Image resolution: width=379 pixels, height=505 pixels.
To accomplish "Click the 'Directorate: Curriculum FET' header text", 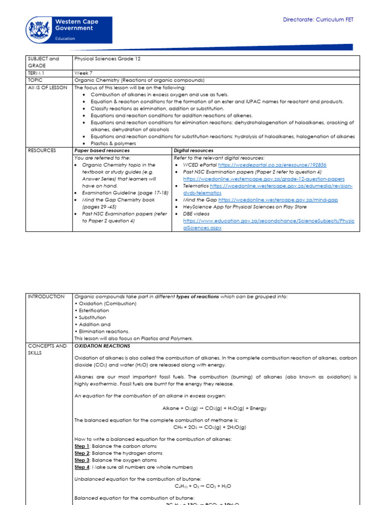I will coord(318,20).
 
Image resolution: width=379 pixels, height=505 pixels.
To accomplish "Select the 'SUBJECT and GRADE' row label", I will coord(43,62).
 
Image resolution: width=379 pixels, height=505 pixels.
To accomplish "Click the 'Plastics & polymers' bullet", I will coord(114,143).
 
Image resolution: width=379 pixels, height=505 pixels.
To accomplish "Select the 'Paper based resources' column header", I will coord(102,150).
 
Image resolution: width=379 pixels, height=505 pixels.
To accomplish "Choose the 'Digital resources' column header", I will coord(194,150).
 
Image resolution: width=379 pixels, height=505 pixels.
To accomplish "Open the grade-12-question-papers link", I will coord(264,179).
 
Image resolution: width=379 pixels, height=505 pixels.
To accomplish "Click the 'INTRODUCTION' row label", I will coord(46,296).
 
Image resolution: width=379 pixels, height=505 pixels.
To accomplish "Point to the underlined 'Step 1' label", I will coord(82,446).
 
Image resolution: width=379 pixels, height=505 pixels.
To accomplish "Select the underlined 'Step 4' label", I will coord(82,467).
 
